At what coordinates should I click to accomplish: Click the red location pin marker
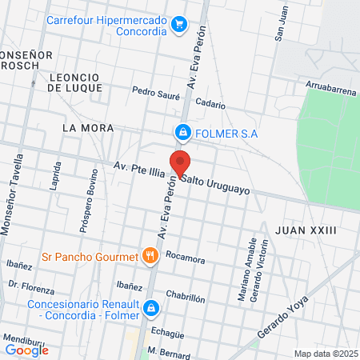180,162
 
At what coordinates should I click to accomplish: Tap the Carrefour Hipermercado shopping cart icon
180,24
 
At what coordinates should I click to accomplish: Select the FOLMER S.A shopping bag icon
183,131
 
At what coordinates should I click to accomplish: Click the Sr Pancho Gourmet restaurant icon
149,257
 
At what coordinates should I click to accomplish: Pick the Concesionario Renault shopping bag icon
150,308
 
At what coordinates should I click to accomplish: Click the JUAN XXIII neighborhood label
305,230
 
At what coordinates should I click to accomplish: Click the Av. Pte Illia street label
139,167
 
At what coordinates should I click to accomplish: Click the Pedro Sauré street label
156,91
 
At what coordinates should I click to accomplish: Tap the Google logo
26,350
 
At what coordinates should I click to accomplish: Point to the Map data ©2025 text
323,354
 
